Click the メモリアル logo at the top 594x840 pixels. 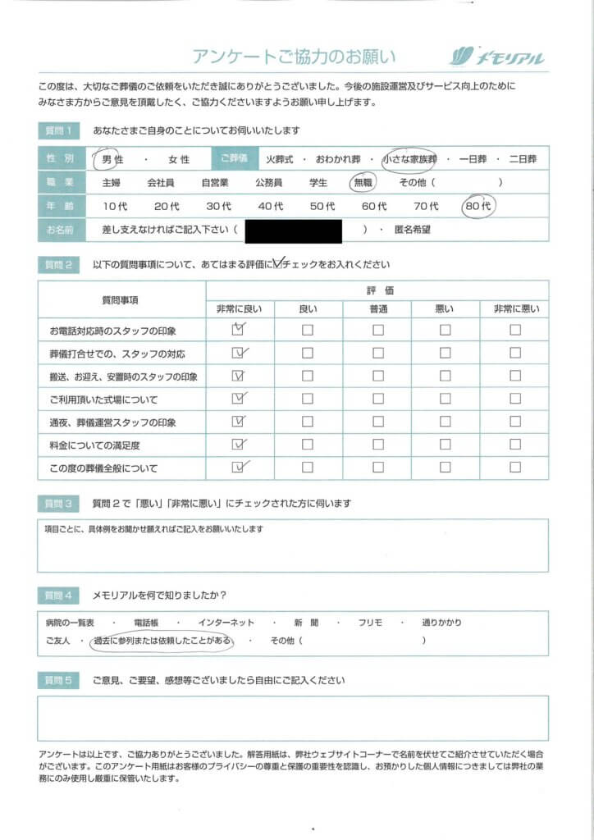(x=497, y=57)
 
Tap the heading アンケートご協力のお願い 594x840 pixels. (x=294, y=57)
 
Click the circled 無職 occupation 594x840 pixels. (x=362, y=183)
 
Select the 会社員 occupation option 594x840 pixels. (x=160, y=183)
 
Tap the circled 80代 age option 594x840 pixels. (x=477, y=206)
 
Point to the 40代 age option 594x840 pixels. (x=270, y=206)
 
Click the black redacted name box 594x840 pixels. (x=293, y=231)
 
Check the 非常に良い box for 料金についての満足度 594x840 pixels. (x=239, y=445)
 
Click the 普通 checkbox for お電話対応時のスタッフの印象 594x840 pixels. (x=377, y=331)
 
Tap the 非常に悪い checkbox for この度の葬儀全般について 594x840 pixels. (x=514, y=468)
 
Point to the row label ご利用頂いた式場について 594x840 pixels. (x=103, y=399)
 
